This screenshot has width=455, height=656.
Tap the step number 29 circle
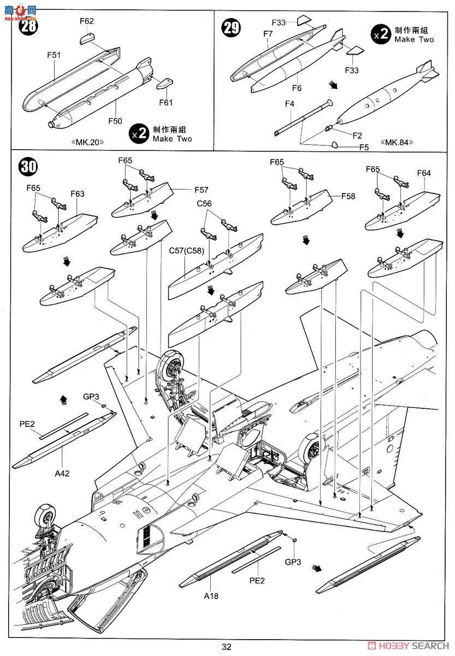click(231, 27)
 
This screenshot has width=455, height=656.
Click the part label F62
click(87, 21)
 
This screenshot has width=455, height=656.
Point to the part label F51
click(54, 55)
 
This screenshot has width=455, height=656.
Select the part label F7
click(268, 34)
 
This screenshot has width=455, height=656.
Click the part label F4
click(289, 103)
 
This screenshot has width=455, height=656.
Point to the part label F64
click(424, 173)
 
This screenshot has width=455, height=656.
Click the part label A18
click(211, 595)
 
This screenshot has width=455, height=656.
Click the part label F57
click(201, 190)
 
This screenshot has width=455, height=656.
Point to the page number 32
click(227, 647)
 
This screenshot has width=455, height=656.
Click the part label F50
click(115, 121)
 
